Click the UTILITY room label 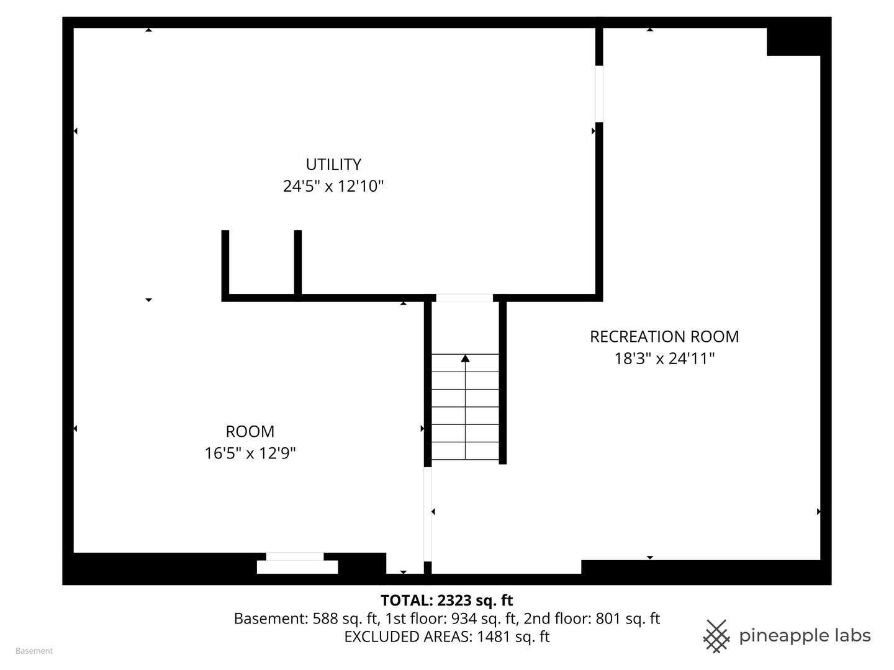coord(333,164)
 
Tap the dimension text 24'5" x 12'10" coord(333,186)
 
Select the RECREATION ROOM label coord(664,336)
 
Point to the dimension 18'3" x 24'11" coord(664,359)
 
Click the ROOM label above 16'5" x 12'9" coord(250,431)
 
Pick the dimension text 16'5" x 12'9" coord(250,453)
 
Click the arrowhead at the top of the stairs coord(465,358)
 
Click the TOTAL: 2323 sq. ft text coord(446,600)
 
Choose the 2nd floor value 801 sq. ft coord(628,619)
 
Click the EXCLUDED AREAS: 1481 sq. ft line coord(446,636)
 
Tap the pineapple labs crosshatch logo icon coord(716,636)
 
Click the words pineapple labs coord(805,636)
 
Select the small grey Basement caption coord(34,651)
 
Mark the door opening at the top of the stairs coord(464,298)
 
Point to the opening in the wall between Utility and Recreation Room coord(599,94)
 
